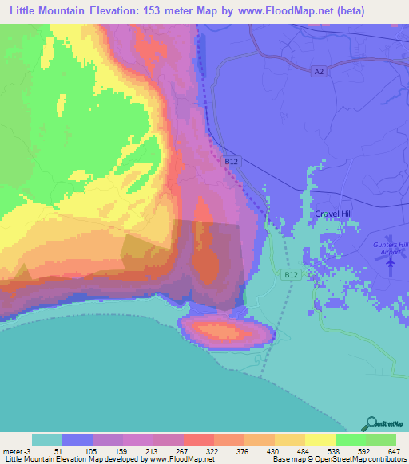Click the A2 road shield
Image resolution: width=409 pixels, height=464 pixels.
point(319,72)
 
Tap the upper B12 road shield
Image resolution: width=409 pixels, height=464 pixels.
point(231,162)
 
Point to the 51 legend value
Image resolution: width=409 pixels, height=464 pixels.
point(55,450)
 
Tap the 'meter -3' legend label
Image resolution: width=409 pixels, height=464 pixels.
point(16,450)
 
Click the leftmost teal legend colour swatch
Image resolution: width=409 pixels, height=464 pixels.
point(47,439)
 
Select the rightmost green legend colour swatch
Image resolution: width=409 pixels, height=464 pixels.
point(381,439)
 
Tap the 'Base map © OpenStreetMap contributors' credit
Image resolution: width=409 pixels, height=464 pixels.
point(336,459)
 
